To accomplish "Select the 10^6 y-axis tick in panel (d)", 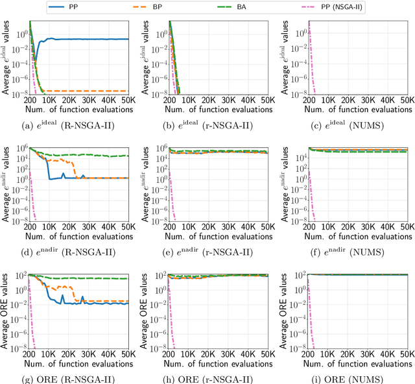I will click(19, 149).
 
